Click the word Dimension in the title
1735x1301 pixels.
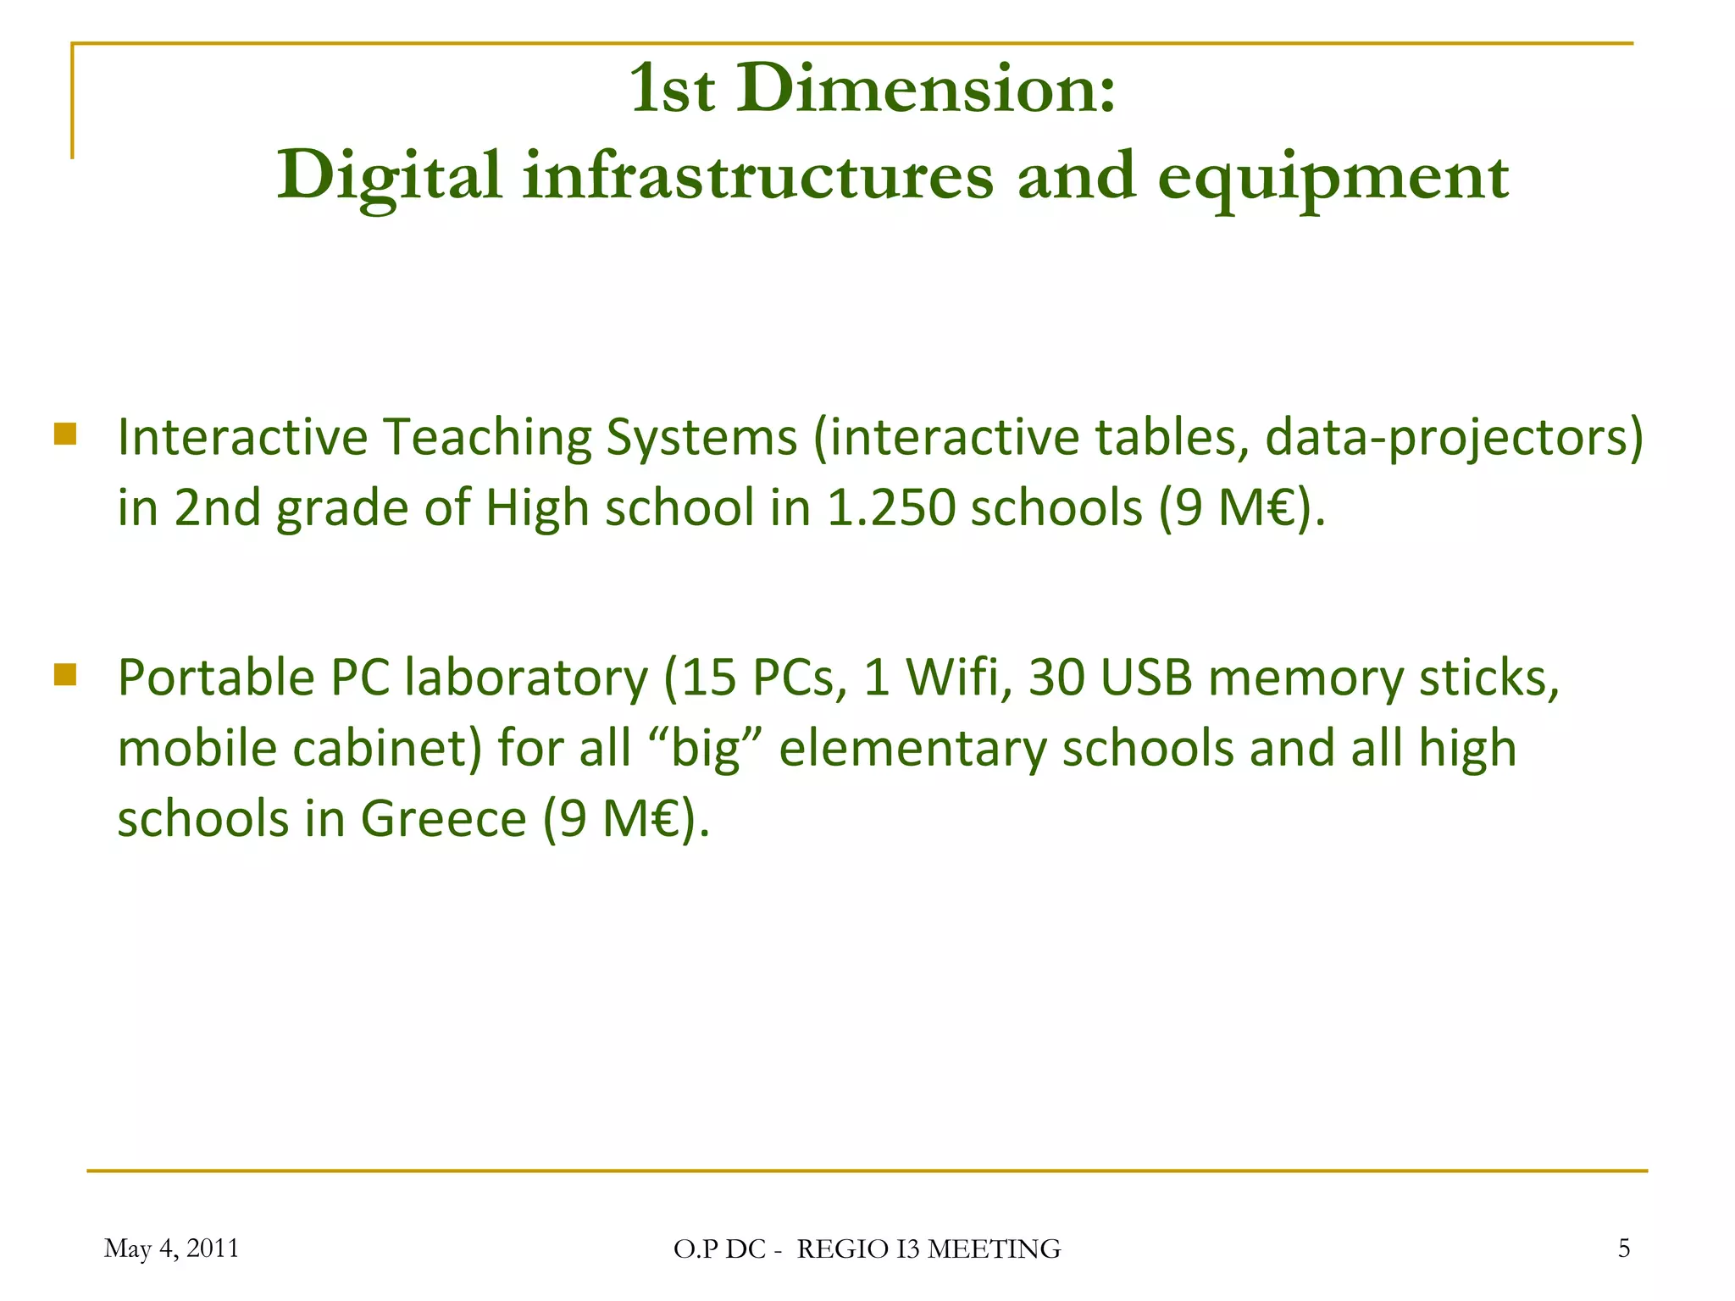pyautogui.click(x=925, y=90)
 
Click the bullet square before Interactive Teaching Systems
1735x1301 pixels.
pyautogui.click(x=65, y=435)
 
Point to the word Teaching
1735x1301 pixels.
pyautogui.click(x=487, y=439)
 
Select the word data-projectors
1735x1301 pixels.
pyautogui.click(x=1453, y=439)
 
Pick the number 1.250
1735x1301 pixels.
pyautogui.click(x=890, y=509)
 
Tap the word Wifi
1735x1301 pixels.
pyautogui.click(x=958, y=678)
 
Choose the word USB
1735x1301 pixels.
pyautogui.click(x=1146, y=678)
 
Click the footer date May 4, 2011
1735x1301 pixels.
pyautogui.click(x=171, y=1248)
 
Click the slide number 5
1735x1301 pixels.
pyautogui.click(x=1623, y=1248)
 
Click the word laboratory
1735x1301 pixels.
pyautogui.click(x=526, y=678)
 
